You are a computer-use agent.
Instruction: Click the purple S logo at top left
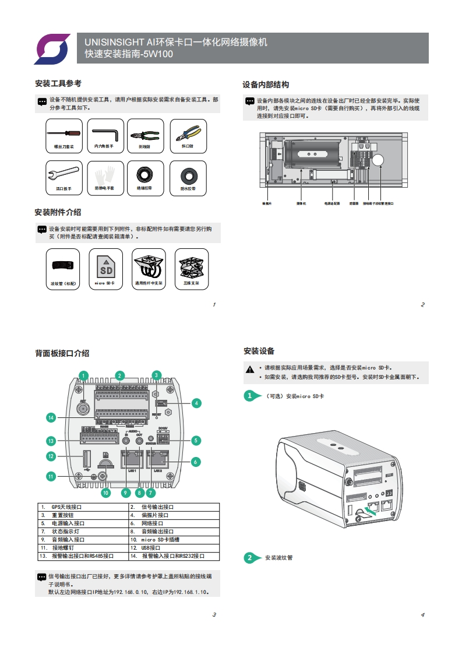point(52,48)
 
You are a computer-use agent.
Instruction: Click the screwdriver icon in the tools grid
point(64,135)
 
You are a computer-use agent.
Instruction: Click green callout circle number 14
point(51,417)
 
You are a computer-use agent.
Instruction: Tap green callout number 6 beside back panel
point(196,462)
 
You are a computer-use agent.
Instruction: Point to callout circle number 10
point(105,493)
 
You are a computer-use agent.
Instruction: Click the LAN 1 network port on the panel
point(131,459)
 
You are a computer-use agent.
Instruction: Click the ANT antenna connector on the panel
point(84,409)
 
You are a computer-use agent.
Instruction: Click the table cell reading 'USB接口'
point(174,548)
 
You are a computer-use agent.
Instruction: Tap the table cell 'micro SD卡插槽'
point(174,540)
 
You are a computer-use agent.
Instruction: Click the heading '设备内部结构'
point(266,85)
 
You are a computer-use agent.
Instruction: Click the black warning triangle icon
point(250,369)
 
